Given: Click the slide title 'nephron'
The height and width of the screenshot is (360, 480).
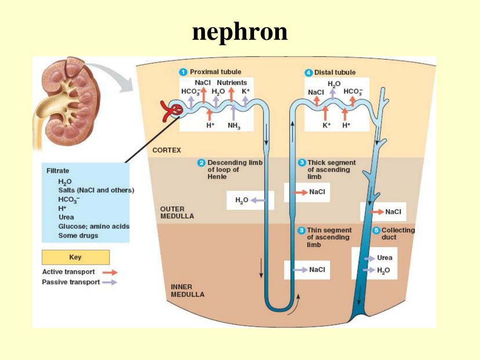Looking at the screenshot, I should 240,32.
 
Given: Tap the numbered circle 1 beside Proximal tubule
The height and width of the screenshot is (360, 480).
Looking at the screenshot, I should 184,72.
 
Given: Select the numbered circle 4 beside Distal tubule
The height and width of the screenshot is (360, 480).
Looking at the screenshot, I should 308,72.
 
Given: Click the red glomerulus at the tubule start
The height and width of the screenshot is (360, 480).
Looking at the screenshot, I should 171,110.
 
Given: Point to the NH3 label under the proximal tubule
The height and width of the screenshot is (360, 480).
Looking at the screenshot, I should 233,126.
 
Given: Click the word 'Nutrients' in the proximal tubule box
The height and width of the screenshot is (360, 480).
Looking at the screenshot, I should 232,82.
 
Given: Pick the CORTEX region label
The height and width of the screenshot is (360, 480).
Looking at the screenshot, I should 166,150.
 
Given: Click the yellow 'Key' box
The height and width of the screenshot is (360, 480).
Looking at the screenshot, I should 75,257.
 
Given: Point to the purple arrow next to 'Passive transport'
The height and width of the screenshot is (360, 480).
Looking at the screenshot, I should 111,282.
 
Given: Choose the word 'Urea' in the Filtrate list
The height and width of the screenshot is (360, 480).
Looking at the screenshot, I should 66,217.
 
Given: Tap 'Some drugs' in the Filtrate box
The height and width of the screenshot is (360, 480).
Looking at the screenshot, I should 78,235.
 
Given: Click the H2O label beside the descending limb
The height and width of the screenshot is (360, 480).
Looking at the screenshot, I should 241,200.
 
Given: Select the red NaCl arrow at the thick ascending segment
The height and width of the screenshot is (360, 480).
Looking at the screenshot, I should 300,192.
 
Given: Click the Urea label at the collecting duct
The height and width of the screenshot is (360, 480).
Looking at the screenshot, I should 384,258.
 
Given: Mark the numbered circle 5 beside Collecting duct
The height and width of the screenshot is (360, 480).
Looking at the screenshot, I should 376,230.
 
